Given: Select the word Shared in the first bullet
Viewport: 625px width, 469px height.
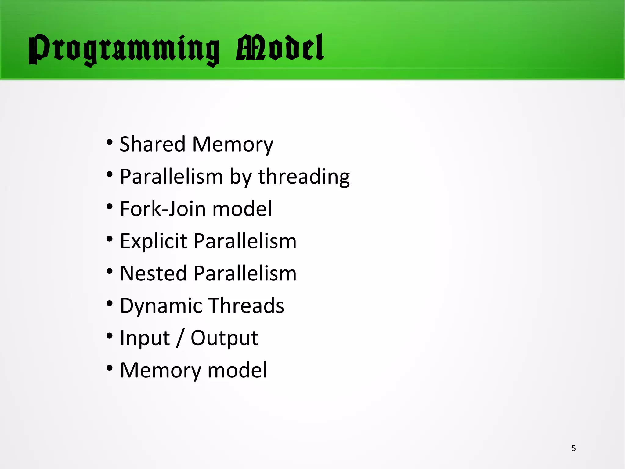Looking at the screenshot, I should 152,144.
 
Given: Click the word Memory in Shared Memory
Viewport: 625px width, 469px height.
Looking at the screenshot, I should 233,145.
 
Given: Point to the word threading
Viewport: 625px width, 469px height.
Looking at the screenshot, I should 304,177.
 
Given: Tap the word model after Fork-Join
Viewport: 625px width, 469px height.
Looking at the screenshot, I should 242,209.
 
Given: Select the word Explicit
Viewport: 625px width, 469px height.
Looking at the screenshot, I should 153,241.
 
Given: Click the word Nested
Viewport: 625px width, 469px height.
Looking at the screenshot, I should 153,273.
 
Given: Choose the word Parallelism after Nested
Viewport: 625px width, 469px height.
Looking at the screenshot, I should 245,273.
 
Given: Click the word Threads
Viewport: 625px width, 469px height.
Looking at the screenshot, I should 247,306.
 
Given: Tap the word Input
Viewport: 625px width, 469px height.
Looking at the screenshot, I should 145,339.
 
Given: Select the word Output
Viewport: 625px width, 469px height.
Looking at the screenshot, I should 224,338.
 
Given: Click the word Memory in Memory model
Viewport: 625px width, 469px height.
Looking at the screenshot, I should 161,371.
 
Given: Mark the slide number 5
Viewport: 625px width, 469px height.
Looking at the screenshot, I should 573,448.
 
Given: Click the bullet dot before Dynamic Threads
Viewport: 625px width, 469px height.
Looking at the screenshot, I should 110,304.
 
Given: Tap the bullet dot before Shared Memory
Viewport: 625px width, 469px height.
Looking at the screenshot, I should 110,142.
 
